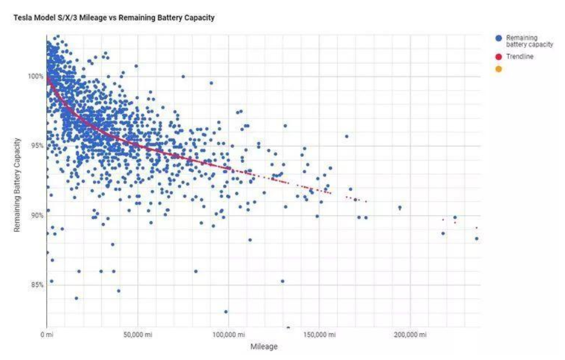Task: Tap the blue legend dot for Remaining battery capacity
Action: coord(498,38)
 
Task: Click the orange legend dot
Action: coord(498,69)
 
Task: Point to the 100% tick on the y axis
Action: coord(36,76)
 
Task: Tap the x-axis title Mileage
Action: coord(264,346)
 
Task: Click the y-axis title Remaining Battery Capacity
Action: coord(18,184)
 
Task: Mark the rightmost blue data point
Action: coord(476,239)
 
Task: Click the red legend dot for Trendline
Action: coord(498,57)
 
